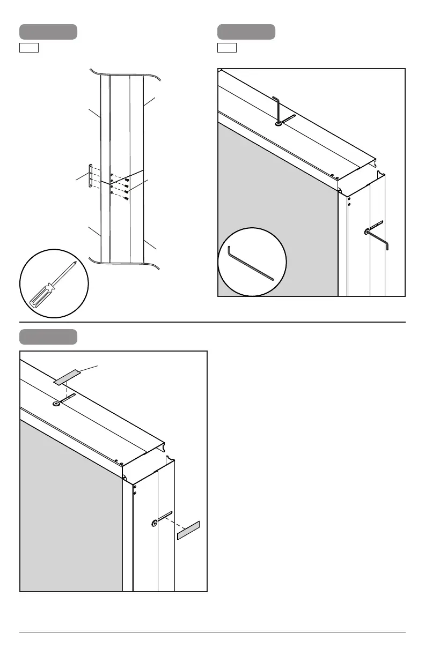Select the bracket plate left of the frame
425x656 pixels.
pyautogui.click(x=91, y=176)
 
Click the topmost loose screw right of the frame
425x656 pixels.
pyautogui.click(x=126, y=180)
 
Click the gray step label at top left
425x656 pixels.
pyautogui.click(x=48, y=32)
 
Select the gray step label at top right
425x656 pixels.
pyautogui.click(x=247, y=32)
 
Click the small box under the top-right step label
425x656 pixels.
pyautogui.click(x=226, y=49)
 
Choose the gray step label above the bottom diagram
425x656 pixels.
pyautogui.click(x=48, y=337)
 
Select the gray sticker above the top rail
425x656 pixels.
pyautogui.click(x=68, y=376)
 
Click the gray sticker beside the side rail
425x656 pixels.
pyautogui.click(x=188, y=530)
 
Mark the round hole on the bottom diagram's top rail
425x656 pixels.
pyautogui.click(x=56, y=405)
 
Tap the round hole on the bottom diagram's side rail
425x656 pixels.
pyautogui.click(x=154, y=523)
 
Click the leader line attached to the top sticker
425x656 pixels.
pyautogui.click(x=89, y=368)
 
